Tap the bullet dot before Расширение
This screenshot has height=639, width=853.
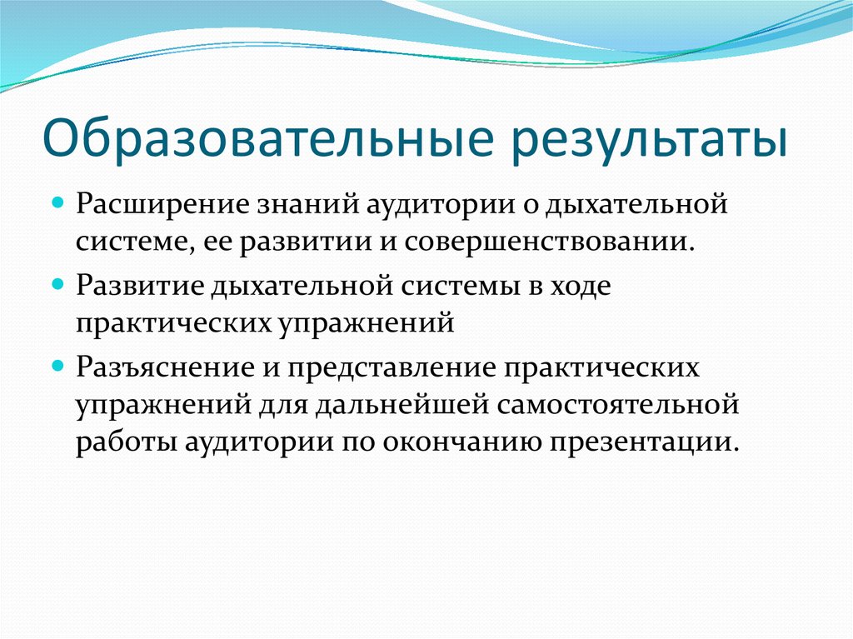[58, 203]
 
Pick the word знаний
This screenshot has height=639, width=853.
[293, 204]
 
